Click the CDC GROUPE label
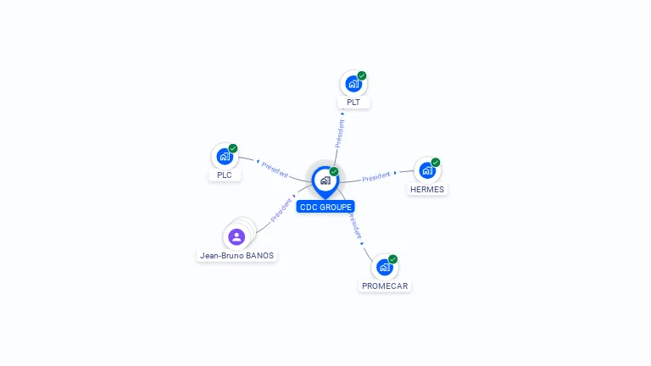[x=325, y=207]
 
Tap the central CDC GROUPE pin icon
[x=325, y=180]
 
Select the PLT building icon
[x=353, y=84]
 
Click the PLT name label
[x=353, y=103]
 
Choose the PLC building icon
[x=224, y=156]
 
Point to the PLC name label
[x=225, y=175]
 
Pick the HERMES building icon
[x=426, y=170]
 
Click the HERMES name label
[x=427, y=189]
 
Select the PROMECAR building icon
[x=384, y=267]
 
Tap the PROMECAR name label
[x=385, y=286]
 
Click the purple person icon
[x=236, y=236]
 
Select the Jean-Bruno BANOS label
[x=237, y=255]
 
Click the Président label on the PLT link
[x=340, y=133]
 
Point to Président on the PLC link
[x=275, y=169]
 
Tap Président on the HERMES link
[x=376, y=176]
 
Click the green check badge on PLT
[x=362, y=75]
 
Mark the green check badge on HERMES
[x=436, y=162]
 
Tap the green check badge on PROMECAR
[x=392, y=258]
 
